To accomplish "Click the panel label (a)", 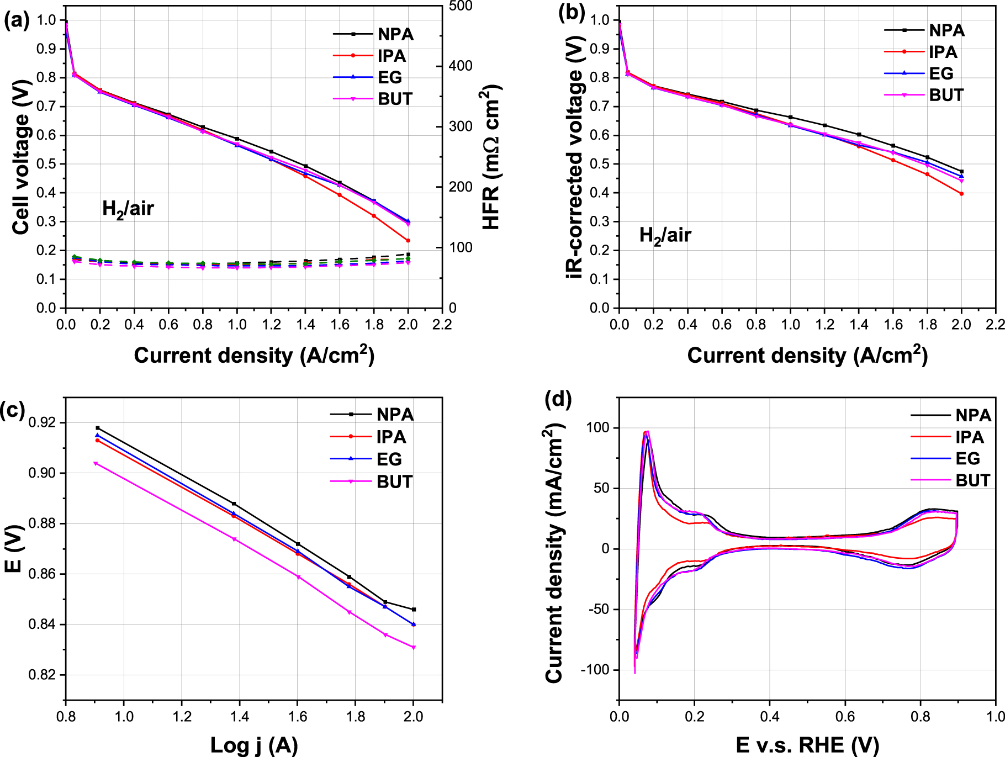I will coord(17,21).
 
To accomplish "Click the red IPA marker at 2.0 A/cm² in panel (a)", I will coord(408,241).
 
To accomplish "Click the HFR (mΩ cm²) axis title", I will coord(490,157).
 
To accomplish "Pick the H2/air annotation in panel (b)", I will coord(664,236).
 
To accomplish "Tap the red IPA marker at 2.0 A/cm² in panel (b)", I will coord(961,194).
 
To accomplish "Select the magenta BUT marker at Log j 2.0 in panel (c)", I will coord(414,647).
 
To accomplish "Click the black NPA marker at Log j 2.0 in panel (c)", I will coord(414,610).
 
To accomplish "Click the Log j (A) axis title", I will coord(254,745).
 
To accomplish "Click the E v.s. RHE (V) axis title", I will coord(807,745).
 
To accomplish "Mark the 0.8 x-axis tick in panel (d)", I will coord(921,717).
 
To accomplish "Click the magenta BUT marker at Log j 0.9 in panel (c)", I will coord(96,463).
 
